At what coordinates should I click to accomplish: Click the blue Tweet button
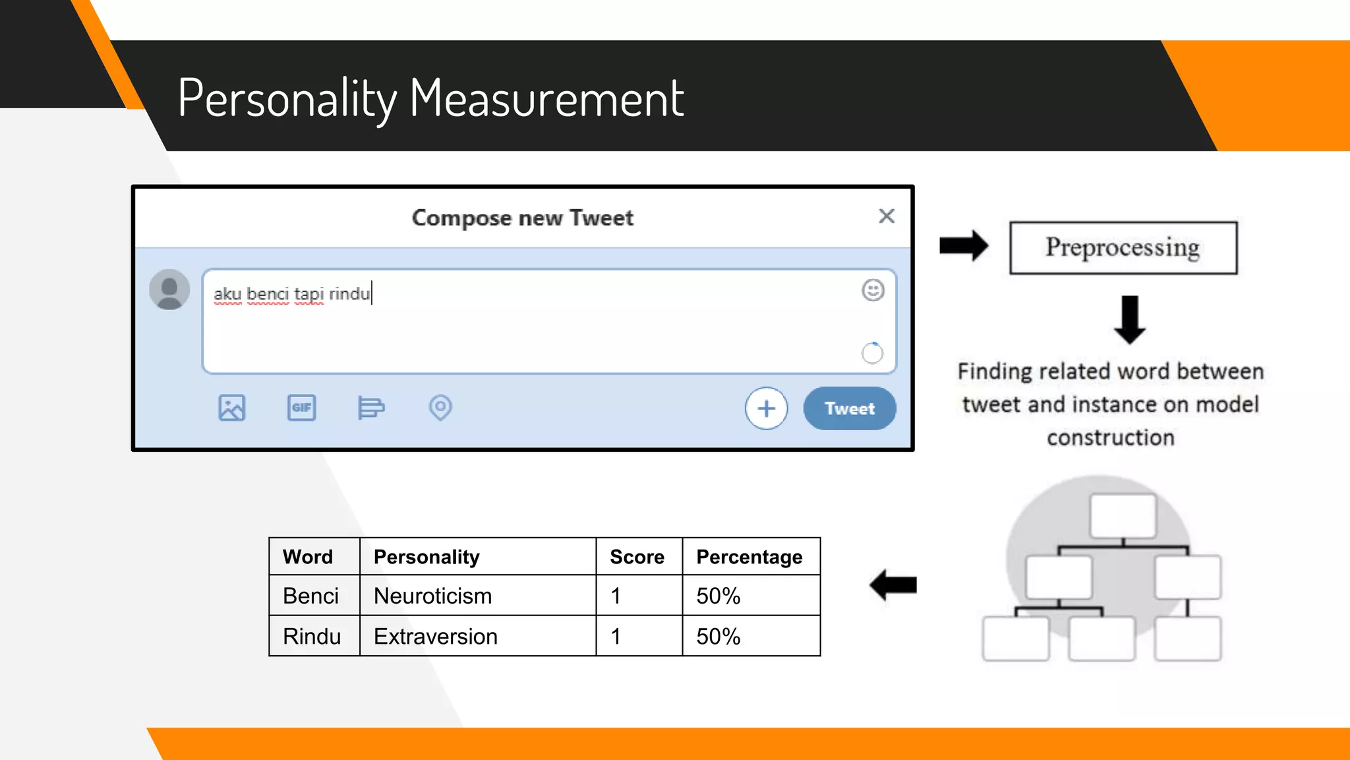click(849, 408)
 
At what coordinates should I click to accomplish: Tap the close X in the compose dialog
click(887, 216)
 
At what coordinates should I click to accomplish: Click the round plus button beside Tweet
click(766, 408)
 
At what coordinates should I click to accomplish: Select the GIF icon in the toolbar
click(301, 408)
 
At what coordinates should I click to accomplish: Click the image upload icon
click(231, 408)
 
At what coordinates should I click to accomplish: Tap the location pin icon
click(440, 408)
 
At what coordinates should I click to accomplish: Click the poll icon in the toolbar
click(370, 408)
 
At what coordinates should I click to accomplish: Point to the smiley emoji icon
click(873, 290)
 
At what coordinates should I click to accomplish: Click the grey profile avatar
click(169, 290)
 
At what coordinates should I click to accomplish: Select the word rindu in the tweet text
click(349, 294)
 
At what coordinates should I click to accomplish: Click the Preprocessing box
click(1123, 248)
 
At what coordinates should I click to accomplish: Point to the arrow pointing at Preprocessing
click(963, 246)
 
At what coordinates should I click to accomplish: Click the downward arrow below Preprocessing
click(1130, 320)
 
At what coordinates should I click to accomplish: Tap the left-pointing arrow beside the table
click(893, 585)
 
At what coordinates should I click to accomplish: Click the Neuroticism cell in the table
click(432, 596)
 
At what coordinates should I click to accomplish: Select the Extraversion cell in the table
click(435, 637)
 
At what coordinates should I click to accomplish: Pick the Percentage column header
click(749, 557)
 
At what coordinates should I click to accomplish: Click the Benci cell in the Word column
click(310, 596)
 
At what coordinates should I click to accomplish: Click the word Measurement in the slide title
click(546, 98)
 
